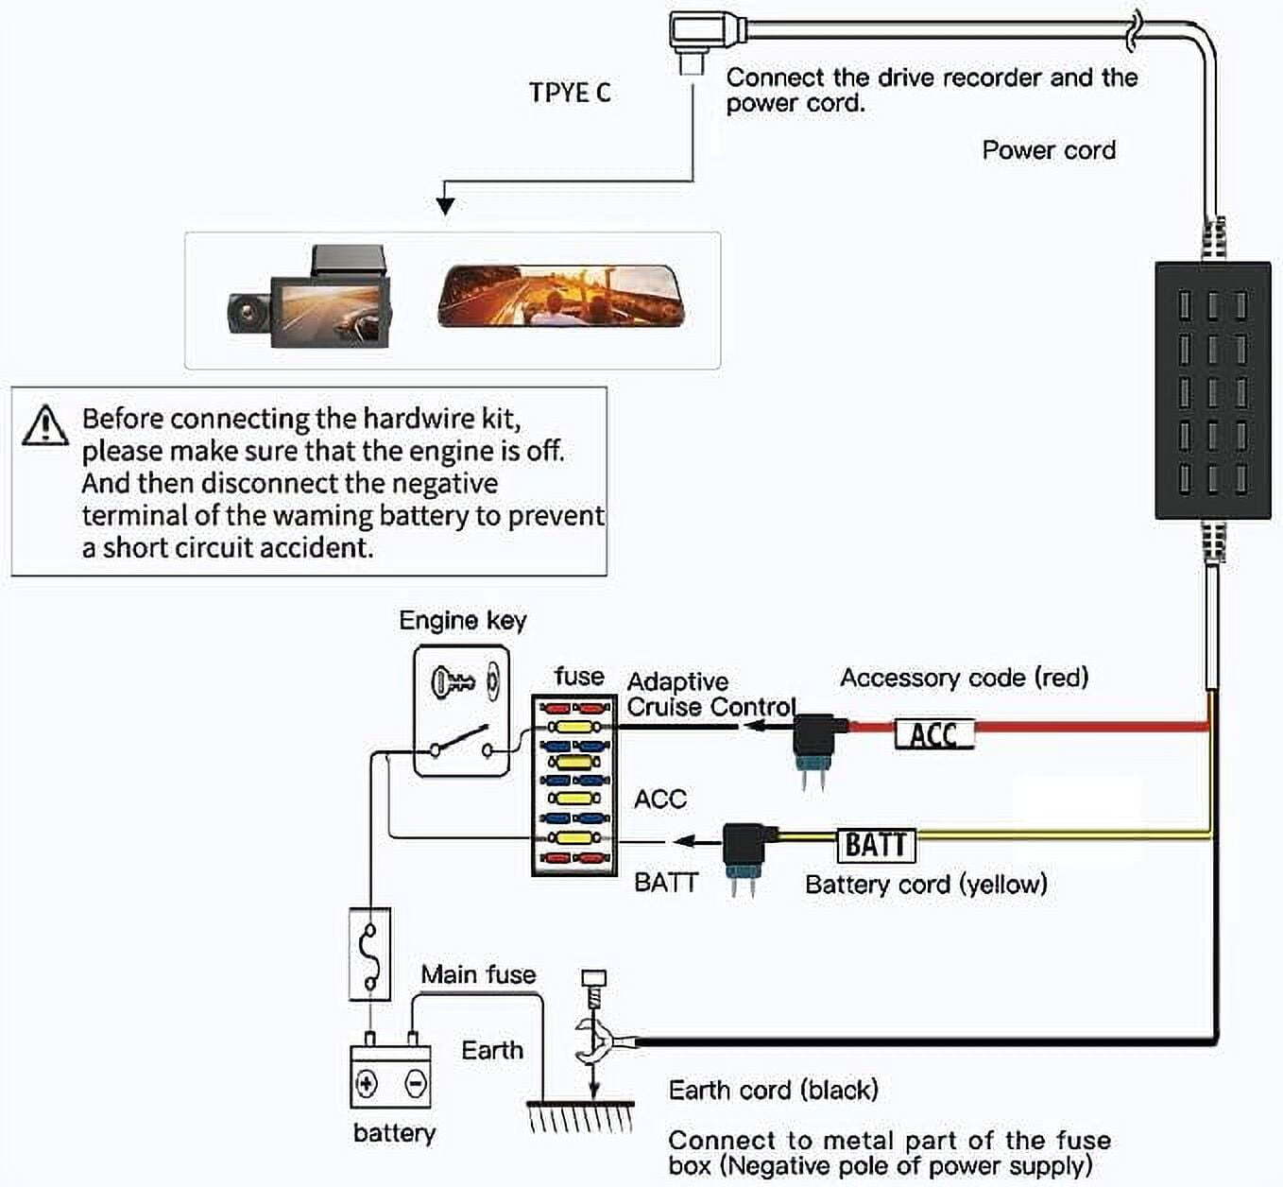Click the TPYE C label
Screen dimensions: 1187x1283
(x=570, y=93)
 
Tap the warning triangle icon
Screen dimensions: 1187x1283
(x=44, y=426)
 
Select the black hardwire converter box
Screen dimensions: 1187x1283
(x=1212, y=390)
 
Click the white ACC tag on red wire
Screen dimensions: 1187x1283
(x=933, y=734)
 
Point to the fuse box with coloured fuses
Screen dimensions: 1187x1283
(x=573, y=785)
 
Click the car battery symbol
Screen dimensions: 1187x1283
(x=390, y=1075)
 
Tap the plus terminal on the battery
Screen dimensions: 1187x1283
(x=367, y=1083)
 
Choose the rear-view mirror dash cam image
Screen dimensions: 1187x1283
(x=561, y=297)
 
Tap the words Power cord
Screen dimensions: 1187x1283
(x=1049, y=150)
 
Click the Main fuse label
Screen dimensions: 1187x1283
(x=478, y=974)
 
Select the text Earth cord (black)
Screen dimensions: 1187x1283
(x=773, y=1090)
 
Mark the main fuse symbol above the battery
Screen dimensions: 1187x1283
(x=369, y=954)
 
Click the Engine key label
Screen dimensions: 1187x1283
(x=462, y=621)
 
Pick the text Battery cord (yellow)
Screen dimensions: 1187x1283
(x=926, y=885)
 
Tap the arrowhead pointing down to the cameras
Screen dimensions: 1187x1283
(x=446, y=205)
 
